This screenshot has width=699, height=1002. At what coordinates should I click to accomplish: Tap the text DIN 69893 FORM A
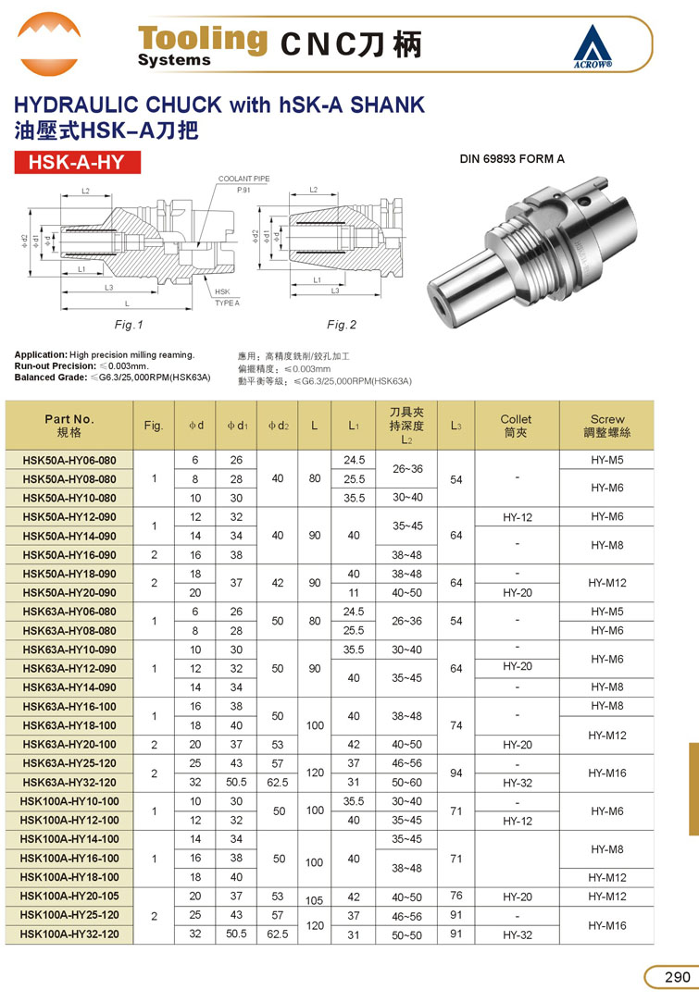tap(512, 159)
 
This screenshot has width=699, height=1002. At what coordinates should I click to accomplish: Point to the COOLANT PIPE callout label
tap(243, 178)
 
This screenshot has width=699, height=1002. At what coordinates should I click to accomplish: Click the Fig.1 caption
tap(130, 325)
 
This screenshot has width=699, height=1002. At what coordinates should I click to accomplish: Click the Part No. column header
tap(69, 425)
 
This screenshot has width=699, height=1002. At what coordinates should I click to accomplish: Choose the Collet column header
tap(516, 425)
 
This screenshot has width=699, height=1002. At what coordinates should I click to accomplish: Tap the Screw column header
tap(607, 425)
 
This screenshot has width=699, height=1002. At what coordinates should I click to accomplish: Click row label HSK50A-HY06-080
tap(69, 460)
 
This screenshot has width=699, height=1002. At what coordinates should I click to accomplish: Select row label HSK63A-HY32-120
tap(69, 782)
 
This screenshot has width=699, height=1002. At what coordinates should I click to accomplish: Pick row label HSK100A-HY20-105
tap(69, 896)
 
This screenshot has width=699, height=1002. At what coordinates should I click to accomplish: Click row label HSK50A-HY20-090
tap(69, 592)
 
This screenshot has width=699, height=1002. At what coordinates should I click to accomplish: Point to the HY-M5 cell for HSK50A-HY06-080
tap(607, 460)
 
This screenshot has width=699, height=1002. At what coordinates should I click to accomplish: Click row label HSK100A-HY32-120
tap(69, 934)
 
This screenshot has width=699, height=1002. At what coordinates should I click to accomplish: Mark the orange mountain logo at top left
tap(48, 43)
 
